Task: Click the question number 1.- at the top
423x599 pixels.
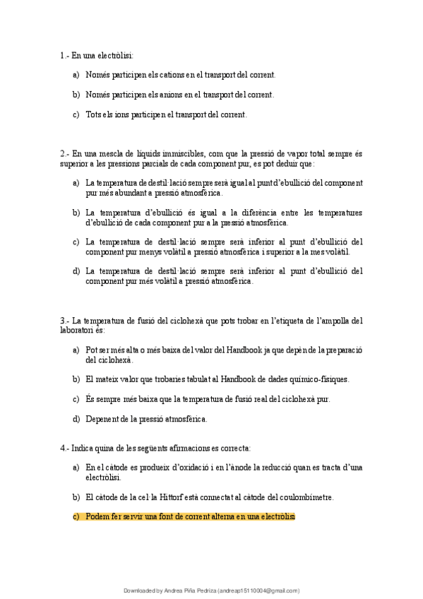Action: coord(65,55)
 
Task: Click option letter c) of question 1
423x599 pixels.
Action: coord(76,114)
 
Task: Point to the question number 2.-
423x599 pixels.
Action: coord(65,153)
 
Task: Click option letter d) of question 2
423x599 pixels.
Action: coord(76,271)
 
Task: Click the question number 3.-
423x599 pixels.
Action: coord(65,320)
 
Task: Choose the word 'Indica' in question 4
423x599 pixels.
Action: coord(85,448)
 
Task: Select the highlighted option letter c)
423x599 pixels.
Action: coord(76,516)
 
